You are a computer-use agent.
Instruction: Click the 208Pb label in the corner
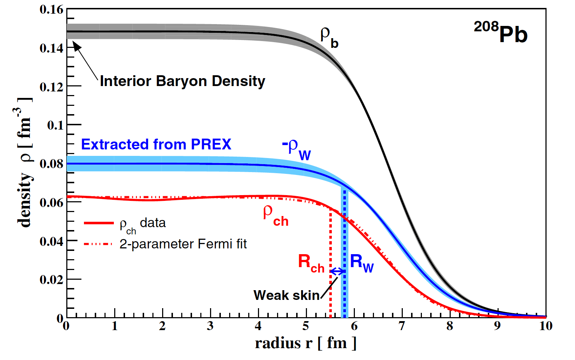coord(501,33)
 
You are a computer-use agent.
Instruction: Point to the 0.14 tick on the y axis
coord(51,48)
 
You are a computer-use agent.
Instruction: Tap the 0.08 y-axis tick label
coord(51,164)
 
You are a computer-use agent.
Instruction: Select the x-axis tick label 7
coord(402,326)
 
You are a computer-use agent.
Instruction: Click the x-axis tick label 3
coord(210,326)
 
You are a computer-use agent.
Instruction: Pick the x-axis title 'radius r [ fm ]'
coord(306,343)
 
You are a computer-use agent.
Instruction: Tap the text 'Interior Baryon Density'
coord(182,81)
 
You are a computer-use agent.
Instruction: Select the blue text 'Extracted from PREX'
coord(156,144)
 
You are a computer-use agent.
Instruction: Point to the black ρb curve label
coord(329,37)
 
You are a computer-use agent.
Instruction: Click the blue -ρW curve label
coord(297,149)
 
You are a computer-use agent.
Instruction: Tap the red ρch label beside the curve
coord(276,215)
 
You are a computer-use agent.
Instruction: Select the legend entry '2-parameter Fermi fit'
coord(183,244)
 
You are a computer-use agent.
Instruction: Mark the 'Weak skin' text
coord(286,295)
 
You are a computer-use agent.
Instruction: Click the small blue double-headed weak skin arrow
coord(338,271)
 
